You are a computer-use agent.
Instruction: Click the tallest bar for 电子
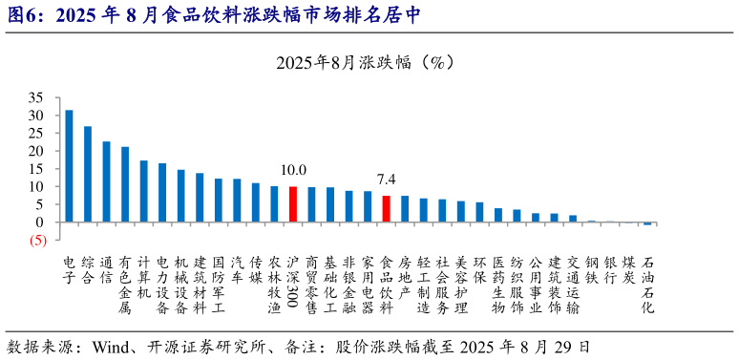coord(69,166)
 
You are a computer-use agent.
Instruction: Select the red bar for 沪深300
coord(293,204)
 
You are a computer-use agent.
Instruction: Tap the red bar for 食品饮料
coord(386,209)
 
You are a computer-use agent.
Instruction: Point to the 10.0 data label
coord(293,170)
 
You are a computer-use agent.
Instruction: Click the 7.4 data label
coord(386,179)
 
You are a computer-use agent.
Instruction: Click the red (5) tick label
coord(36,240)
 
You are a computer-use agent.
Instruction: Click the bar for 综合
coord(88,174)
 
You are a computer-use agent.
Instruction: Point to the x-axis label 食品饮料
coord(386,285)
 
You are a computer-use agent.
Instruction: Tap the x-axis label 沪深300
coord(293,285)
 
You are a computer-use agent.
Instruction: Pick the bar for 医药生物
coord(497,215)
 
